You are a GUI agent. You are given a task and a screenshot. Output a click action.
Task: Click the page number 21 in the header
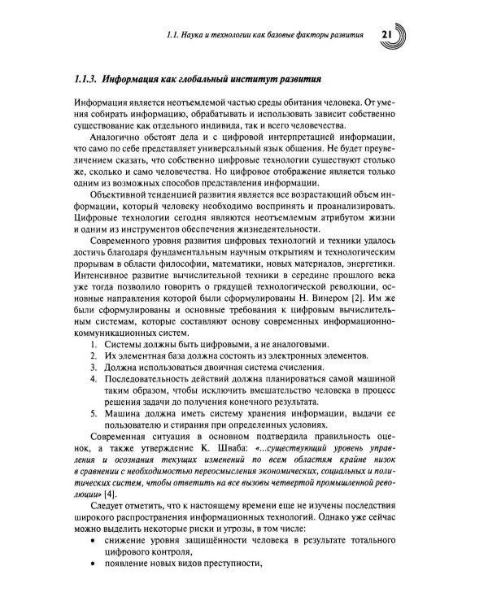click(387, 36)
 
